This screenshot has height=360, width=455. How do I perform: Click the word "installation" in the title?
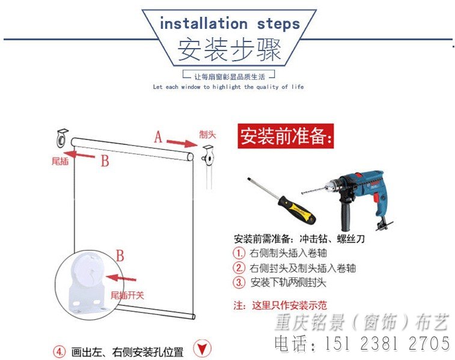[x=204, y=23]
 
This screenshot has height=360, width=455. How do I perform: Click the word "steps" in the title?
[x=278, y=25]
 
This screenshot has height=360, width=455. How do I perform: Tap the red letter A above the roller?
[x=158, y=137]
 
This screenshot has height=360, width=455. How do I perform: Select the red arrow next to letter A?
[x=182, y=142]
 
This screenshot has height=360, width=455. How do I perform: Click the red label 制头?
[x=208, y=135]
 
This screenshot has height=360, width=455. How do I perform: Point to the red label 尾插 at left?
[x=60, y=161]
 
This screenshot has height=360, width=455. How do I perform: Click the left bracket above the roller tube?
[x=62, y=138]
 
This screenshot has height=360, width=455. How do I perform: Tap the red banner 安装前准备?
[x=286, y=136]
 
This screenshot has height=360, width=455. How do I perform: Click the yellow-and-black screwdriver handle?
[x=297, y=209]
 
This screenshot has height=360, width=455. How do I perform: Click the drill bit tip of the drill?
[x=302, y=192]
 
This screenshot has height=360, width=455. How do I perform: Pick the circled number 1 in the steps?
[x=239, y=253]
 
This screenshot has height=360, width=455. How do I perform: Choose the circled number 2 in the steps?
[x=239, y=268]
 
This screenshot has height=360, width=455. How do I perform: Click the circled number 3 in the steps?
[x=239, y=282]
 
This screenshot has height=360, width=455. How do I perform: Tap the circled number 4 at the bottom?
[x=60, y=352]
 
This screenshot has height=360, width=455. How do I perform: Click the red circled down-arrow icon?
[x=202, y=348]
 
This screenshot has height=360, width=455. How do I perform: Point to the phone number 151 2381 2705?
[x=388, y=343]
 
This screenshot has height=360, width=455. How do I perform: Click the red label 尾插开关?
[x=127, y=295]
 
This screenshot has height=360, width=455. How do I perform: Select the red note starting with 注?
[x=280, y=305]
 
